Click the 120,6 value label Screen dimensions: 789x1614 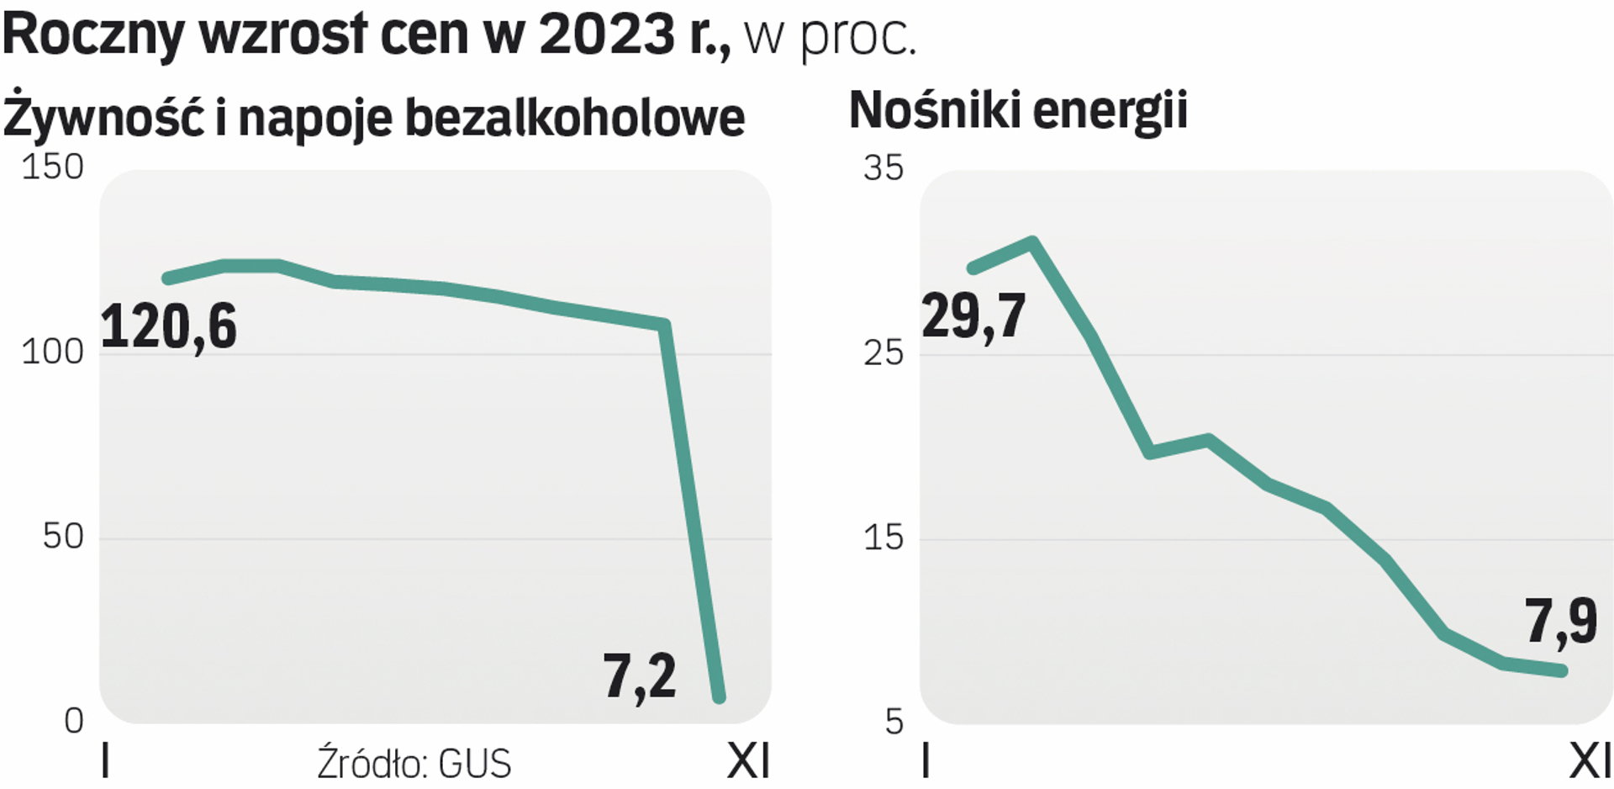169,328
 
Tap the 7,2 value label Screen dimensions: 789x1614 640,677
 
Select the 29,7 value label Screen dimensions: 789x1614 973,317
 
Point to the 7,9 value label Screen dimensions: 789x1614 1561,622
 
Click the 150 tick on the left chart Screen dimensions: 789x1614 52,167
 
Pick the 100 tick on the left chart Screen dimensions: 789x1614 52,352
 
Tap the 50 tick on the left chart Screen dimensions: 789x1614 63,537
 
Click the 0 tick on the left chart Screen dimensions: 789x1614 74,721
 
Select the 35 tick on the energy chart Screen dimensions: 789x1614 883,168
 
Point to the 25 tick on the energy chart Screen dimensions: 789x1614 883,352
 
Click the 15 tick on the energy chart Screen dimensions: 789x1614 883,537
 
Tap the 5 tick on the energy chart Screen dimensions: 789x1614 894,722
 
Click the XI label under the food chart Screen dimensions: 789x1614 747,762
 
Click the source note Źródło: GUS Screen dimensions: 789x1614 414,764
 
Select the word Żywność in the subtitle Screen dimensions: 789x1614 104,117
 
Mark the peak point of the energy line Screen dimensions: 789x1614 1032,243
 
